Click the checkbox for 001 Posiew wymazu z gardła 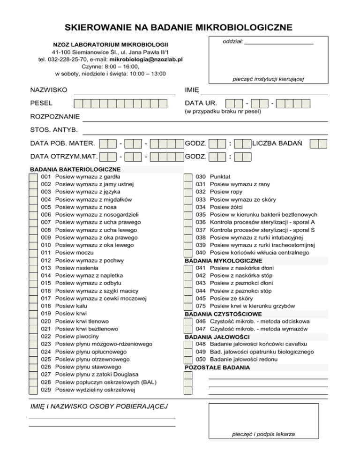tap(33, 177)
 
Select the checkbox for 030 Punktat tap(188, 177)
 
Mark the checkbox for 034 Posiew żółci tap(188, 207)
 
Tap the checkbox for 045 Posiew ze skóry tap(188, 298)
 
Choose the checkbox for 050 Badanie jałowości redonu tap(188, 359)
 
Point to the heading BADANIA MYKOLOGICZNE tap(224, 261)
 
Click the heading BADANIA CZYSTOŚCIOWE tap(224, 314)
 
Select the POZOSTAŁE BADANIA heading tap(217, 367)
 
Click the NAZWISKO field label tap(48, 90)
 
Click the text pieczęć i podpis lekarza tap(263, 434)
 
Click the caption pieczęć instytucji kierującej tap(268, 79)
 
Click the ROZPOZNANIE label tap(54, 116)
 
